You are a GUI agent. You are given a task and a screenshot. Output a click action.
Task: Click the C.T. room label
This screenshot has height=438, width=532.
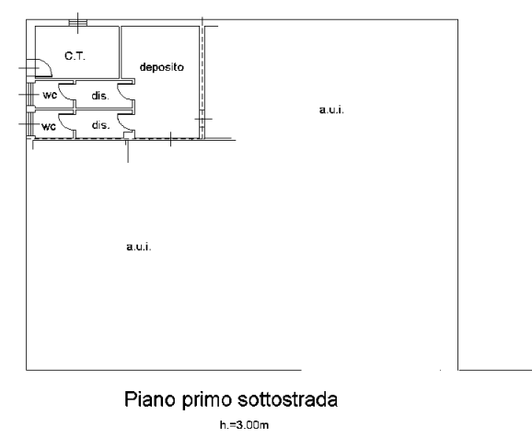pos(75,56)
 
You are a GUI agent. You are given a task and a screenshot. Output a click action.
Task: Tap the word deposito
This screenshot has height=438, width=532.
pos(162,67)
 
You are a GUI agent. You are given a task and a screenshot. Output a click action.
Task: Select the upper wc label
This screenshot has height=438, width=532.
pos(50,95)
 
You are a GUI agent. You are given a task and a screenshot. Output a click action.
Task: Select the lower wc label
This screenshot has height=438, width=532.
pos(49,127)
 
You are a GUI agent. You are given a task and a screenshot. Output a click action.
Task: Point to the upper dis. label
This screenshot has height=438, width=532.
pos(100,96)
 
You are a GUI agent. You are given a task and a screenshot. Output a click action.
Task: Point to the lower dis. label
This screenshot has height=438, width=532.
pos(100,125)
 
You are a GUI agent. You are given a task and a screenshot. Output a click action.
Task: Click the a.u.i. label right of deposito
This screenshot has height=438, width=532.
pos(331,109)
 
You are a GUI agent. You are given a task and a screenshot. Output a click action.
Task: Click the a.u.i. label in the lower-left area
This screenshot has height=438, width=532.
pos(139,247)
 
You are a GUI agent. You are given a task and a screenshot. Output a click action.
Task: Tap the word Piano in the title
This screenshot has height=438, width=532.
pos(150,399)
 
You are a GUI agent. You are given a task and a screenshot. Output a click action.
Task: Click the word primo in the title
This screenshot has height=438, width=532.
pos(207,400)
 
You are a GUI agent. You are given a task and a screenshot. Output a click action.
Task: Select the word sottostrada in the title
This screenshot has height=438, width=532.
pos(288,399)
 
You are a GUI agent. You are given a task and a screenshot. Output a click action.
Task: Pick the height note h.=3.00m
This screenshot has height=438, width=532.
pos(244,425)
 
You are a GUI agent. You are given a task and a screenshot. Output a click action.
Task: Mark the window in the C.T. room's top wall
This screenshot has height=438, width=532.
pos(78,23)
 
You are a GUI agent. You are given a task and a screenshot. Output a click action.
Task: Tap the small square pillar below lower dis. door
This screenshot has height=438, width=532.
pos(127,135)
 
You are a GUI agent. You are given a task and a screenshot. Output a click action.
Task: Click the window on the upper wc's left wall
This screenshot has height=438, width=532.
pos(29,95)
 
